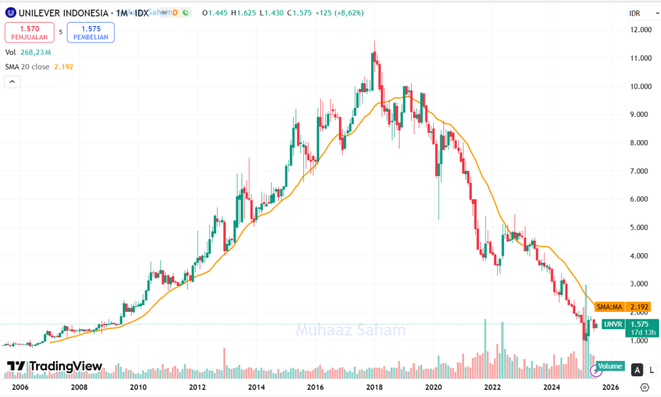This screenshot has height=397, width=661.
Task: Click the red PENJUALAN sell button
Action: click(x=30, y=32)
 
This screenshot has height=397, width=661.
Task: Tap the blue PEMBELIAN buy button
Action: click(x=90, y=32)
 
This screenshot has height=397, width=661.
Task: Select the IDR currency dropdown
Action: click(x=643, y=14)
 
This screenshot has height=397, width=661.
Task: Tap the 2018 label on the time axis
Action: click(x=374, y=387)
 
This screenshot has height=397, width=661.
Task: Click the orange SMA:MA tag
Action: click(x=609, y=307)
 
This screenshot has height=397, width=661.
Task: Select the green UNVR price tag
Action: click(x=612, y=325)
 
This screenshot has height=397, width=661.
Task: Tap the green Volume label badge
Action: click(x=610, y=367)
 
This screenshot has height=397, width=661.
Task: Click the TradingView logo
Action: click(x=54, y=367)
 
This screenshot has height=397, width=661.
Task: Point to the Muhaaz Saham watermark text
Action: click(x=351, y=331)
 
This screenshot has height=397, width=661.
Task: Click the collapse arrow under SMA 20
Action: click(x=12, y=81)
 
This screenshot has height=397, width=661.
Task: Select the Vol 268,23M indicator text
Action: click(x=28, y=52)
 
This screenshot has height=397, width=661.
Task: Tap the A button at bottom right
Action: click(x=637, y=370)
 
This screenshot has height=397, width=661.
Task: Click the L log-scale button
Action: click(x=651, y=370)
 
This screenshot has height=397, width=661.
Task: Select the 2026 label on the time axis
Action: click(x=611, y=387)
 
